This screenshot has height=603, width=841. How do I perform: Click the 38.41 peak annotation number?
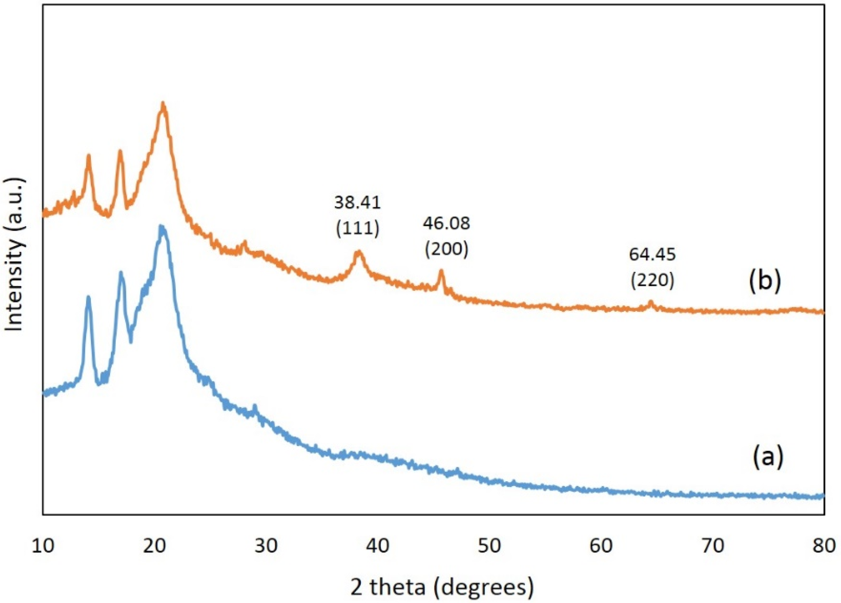point(357,203)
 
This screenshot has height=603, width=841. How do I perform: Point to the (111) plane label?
point(357,228)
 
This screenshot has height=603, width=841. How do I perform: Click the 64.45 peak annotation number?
point(652,255)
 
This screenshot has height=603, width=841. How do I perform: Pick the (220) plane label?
point(652,280)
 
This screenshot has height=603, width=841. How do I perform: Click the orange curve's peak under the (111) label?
point(358,253)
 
